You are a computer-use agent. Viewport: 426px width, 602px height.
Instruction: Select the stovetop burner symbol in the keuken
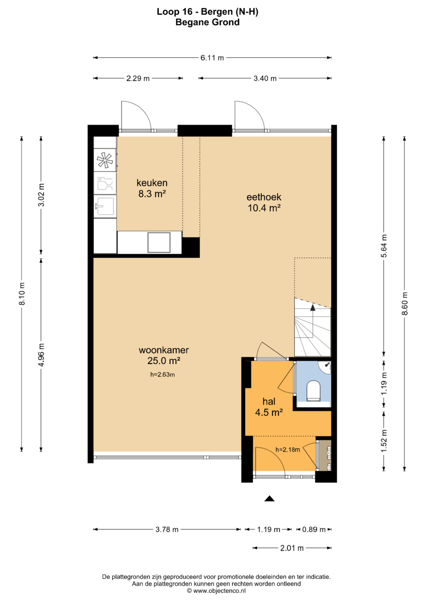pos(105,160)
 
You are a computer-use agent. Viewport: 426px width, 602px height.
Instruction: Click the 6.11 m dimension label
pos(212,58)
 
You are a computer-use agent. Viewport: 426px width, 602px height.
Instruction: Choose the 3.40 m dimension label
pos(265,78)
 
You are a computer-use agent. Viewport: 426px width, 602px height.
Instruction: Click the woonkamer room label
pos(164,350)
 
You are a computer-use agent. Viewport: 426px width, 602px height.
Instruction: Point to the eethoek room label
pos(264,197)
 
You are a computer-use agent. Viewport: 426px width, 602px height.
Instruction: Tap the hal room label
pos(269,401)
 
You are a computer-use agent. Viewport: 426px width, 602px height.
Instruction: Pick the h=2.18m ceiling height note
pos(288,449)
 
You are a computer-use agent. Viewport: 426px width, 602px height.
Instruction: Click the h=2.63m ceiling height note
pos(163,375)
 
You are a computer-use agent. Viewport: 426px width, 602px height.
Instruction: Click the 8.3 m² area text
pos(152,194)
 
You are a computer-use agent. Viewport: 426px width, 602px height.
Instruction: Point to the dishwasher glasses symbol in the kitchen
pos(105,183)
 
